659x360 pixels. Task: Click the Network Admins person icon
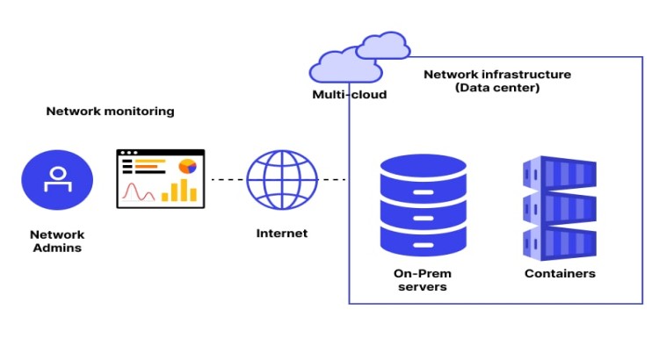(x=57, y=179)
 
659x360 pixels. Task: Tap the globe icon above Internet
(x=282, y=179)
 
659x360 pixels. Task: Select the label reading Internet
(x=282, y=234)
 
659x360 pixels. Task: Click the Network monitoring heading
(x=110, y=112)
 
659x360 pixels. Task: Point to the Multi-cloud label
(x=349, y=95)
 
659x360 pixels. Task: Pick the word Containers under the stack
(x=560, y=274)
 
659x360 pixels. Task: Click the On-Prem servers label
(x=423, y=281)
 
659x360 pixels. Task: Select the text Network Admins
(x=57, y=241)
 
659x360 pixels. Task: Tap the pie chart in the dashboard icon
(x=187, y=165)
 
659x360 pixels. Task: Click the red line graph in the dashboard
(x=139, y=191)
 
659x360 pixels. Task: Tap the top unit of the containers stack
(x=560, y=173)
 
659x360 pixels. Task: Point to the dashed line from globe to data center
(x=333, y=180)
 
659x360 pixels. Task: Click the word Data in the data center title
(x=472, y=89)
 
